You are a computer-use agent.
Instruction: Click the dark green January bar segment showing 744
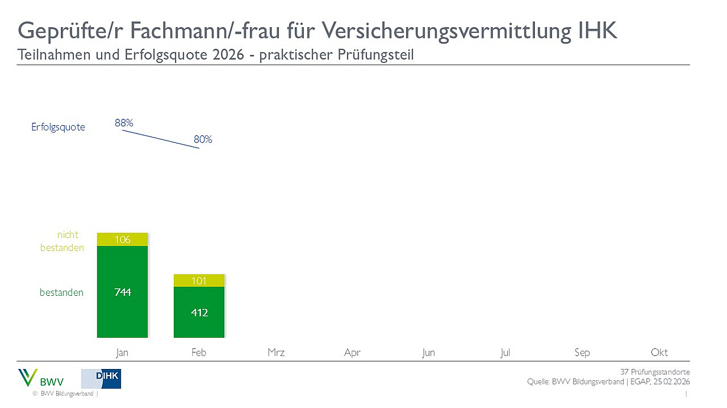point(122,292)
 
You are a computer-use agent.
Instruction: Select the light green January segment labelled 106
point(122,239)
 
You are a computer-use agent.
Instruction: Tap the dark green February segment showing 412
point(199,312)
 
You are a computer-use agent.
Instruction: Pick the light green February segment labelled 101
point(199,280)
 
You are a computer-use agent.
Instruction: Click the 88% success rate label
point(124,123)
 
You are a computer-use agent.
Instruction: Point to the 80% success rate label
point(203,140)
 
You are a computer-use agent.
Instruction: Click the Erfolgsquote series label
point(58,127)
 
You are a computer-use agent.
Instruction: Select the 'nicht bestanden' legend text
point(62,241)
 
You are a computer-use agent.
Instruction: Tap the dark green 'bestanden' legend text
point(61,292)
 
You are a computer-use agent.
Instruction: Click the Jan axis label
point(122,352)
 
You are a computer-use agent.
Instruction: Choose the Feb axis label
point(199,352)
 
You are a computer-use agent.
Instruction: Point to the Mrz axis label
point(275,352)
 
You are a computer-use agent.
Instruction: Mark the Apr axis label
point(352,352)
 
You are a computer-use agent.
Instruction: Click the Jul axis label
point(505,352)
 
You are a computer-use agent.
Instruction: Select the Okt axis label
point(659,352)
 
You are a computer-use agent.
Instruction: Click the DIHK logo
point(101,378)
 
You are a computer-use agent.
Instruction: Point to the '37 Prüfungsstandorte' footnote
point(655,372)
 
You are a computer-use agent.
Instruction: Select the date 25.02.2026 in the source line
point(671,382)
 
